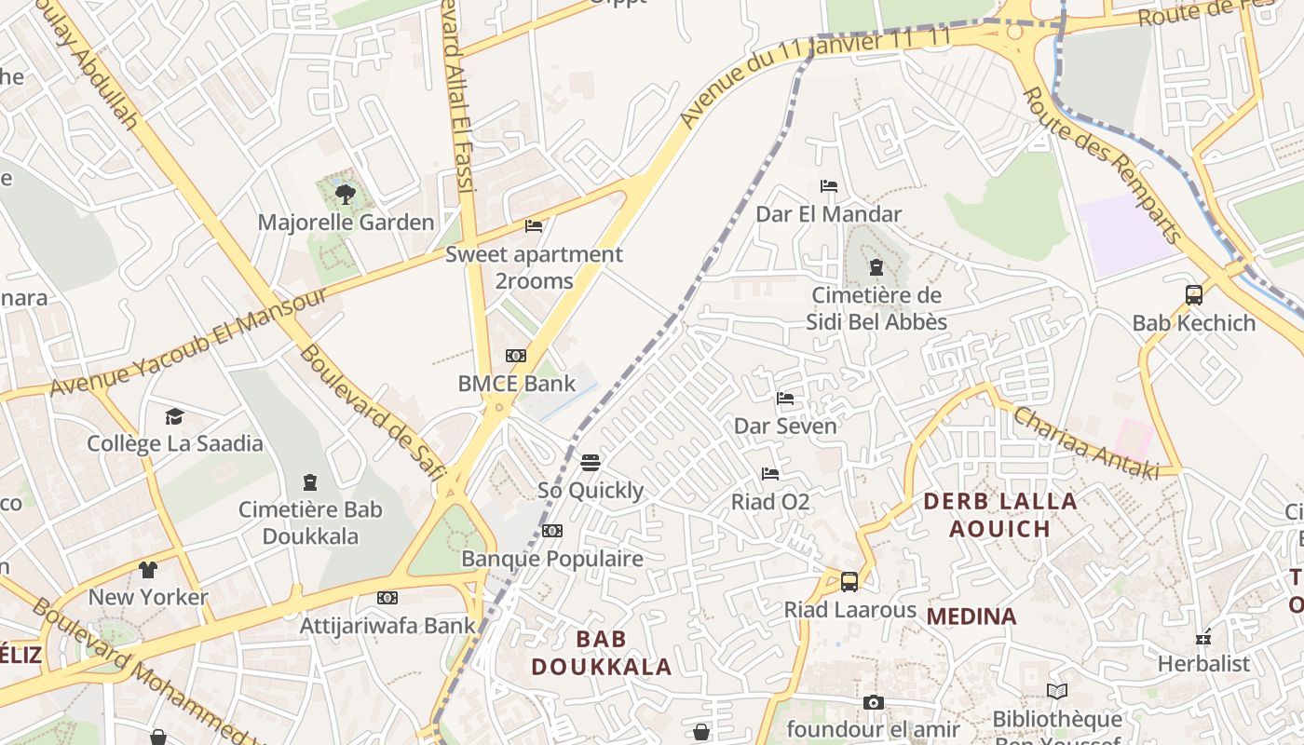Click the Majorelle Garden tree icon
click(346, 195)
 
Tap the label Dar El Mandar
click(828, 214)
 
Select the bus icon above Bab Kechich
click(1194, 295)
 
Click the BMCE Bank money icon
click(516, 356)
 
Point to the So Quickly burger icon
click(590, 463)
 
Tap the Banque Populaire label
click(552, 559)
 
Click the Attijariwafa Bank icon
click(387, 598)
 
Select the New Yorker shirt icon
click(148, 569)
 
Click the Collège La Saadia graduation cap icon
click(174, 416)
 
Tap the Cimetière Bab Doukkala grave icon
click(310, 482)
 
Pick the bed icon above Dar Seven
click(785, 399)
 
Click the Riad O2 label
click(770, 503)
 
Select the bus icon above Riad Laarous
click(849, 582)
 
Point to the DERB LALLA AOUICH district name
click(999, 515)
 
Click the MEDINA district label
click(971, 616)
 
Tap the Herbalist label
click(1203, 664)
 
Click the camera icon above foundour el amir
click(873, 702)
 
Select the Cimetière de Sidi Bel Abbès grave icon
click(876, 268)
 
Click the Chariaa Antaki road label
click(1086, 443)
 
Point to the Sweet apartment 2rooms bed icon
click(534, 225)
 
